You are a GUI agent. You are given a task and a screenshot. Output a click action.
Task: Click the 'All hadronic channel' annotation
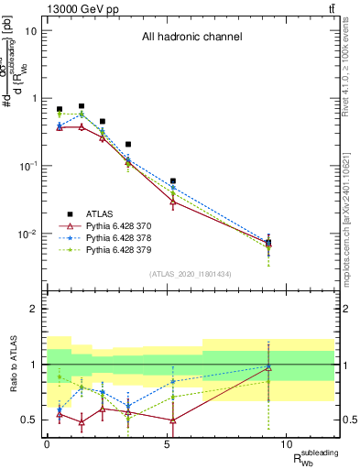click(x=191, y=38)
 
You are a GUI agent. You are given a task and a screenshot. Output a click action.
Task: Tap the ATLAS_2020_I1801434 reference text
click(x=191, y=275)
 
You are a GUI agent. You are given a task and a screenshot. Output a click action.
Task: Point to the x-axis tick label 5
click(x=167, y=444)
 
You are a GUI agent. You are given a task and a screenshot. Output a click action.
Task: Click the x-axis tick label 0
click(x=47, y=444)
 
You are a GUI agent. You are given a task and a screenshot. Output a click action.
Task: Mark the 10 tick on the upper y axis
click(x=31, y=30)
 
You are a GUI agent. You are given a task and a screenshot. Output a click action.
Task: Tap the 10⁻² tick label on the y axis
click(x=27, y=234)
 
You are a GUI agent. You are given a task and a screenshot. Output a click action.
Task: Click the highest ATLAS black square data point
click(x=82, y=106)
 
